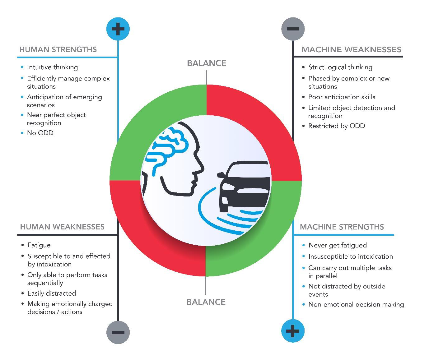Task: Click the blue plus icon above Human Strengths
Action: tap(118, 29)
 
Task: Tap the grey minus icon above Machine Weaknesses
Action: tap(293, 29)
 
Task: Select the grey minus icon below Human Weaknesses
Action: tap(118, 332)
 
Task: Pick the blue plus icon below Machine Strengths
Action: tap(293, 331)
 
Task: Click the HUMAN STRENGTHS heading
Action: tap(58, 49)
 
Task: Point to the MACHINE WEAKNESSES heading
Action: tap(351, 49)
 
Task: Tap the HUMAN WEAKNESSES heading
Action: tap(62, 227)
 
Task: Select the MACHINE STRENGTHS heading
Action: tap(342, 227)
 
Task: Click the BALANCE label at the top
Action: tap(206, 63)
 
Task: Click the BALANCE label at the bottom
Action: tap(206, 302)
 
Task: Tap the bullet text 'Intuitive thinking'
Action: tap(52, 67)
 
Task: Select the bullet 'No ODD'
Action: tap(40, 133)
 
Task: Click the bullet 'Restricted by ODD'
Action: tap(336, 126)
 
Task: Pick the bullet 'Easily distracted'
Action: tap(52, 293)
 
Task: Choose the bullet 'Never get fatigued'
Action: tap(338, 245)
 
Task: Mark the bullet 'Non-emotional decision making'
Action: tap(356, 304)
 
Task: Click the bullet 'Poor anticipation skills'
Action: tap(342, 97)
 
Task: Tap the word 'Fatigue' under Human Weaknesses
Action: tap(39, 245)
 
